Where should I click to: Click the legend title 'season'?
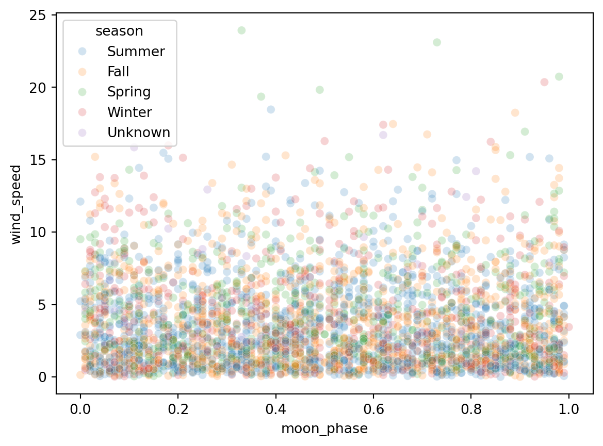click(119, 31)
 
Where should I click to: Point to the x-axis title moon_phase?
click(324, 429)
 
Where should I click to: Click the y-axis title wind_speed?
click(17, 204)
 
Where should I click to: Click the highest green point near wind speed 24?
click(241, 30)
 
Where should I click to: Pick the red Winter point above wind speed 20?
click(544, 82)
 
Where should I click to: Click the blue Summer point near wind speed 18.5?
click(271, 109)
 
